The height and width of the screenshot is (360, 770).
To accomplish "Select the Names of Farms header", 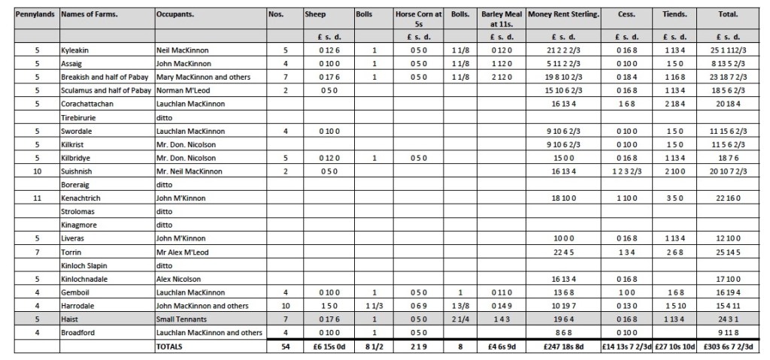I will tap(85, 14).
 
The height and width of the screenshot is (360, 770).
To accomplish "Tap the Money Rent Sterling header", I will tap(563, 14).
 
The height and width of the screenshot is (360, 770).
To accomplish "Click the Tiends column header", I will tap(674, 14).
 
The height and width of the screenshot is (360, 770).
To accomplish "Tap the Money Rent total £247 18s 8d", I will tap(563, 346).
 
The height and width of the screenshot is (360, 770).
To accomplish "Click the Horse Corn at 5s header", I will tap(417, 19).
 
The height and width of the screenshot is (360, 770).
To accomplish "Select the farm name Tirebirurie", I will tap(80, 117).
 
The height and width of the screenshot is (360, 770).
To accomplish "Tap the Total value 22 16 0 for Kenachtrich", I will tap(727, 198).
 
